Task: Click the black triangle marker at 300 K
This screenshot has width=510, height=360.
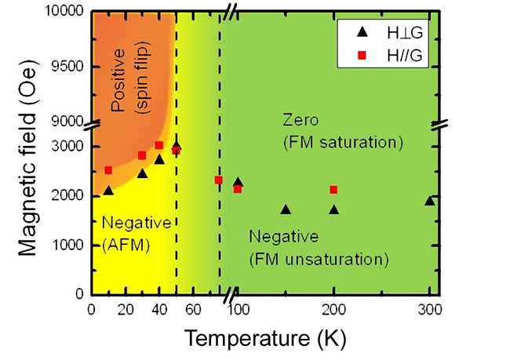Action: click(x=429, y=201)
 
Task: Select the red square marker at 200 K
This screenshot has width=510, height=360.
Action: click(x=333, y=189)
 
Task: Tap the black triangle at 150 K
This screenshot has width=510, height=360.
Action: click(x=286, y=209)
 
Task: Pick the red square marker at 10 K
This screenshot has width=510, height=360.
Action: click(x=108, y=170)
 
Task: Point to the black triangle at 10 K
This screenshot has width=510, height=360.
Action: click(x=108, y=190)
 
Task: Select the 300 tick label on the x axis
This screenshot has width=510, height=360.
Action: click(x=429, y=309)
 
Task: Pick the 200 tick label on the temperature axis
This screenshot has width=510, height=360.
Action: click(x=333, y=309)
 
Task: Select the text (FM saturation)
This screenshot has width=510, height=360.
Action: click(x=342, y=143)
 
